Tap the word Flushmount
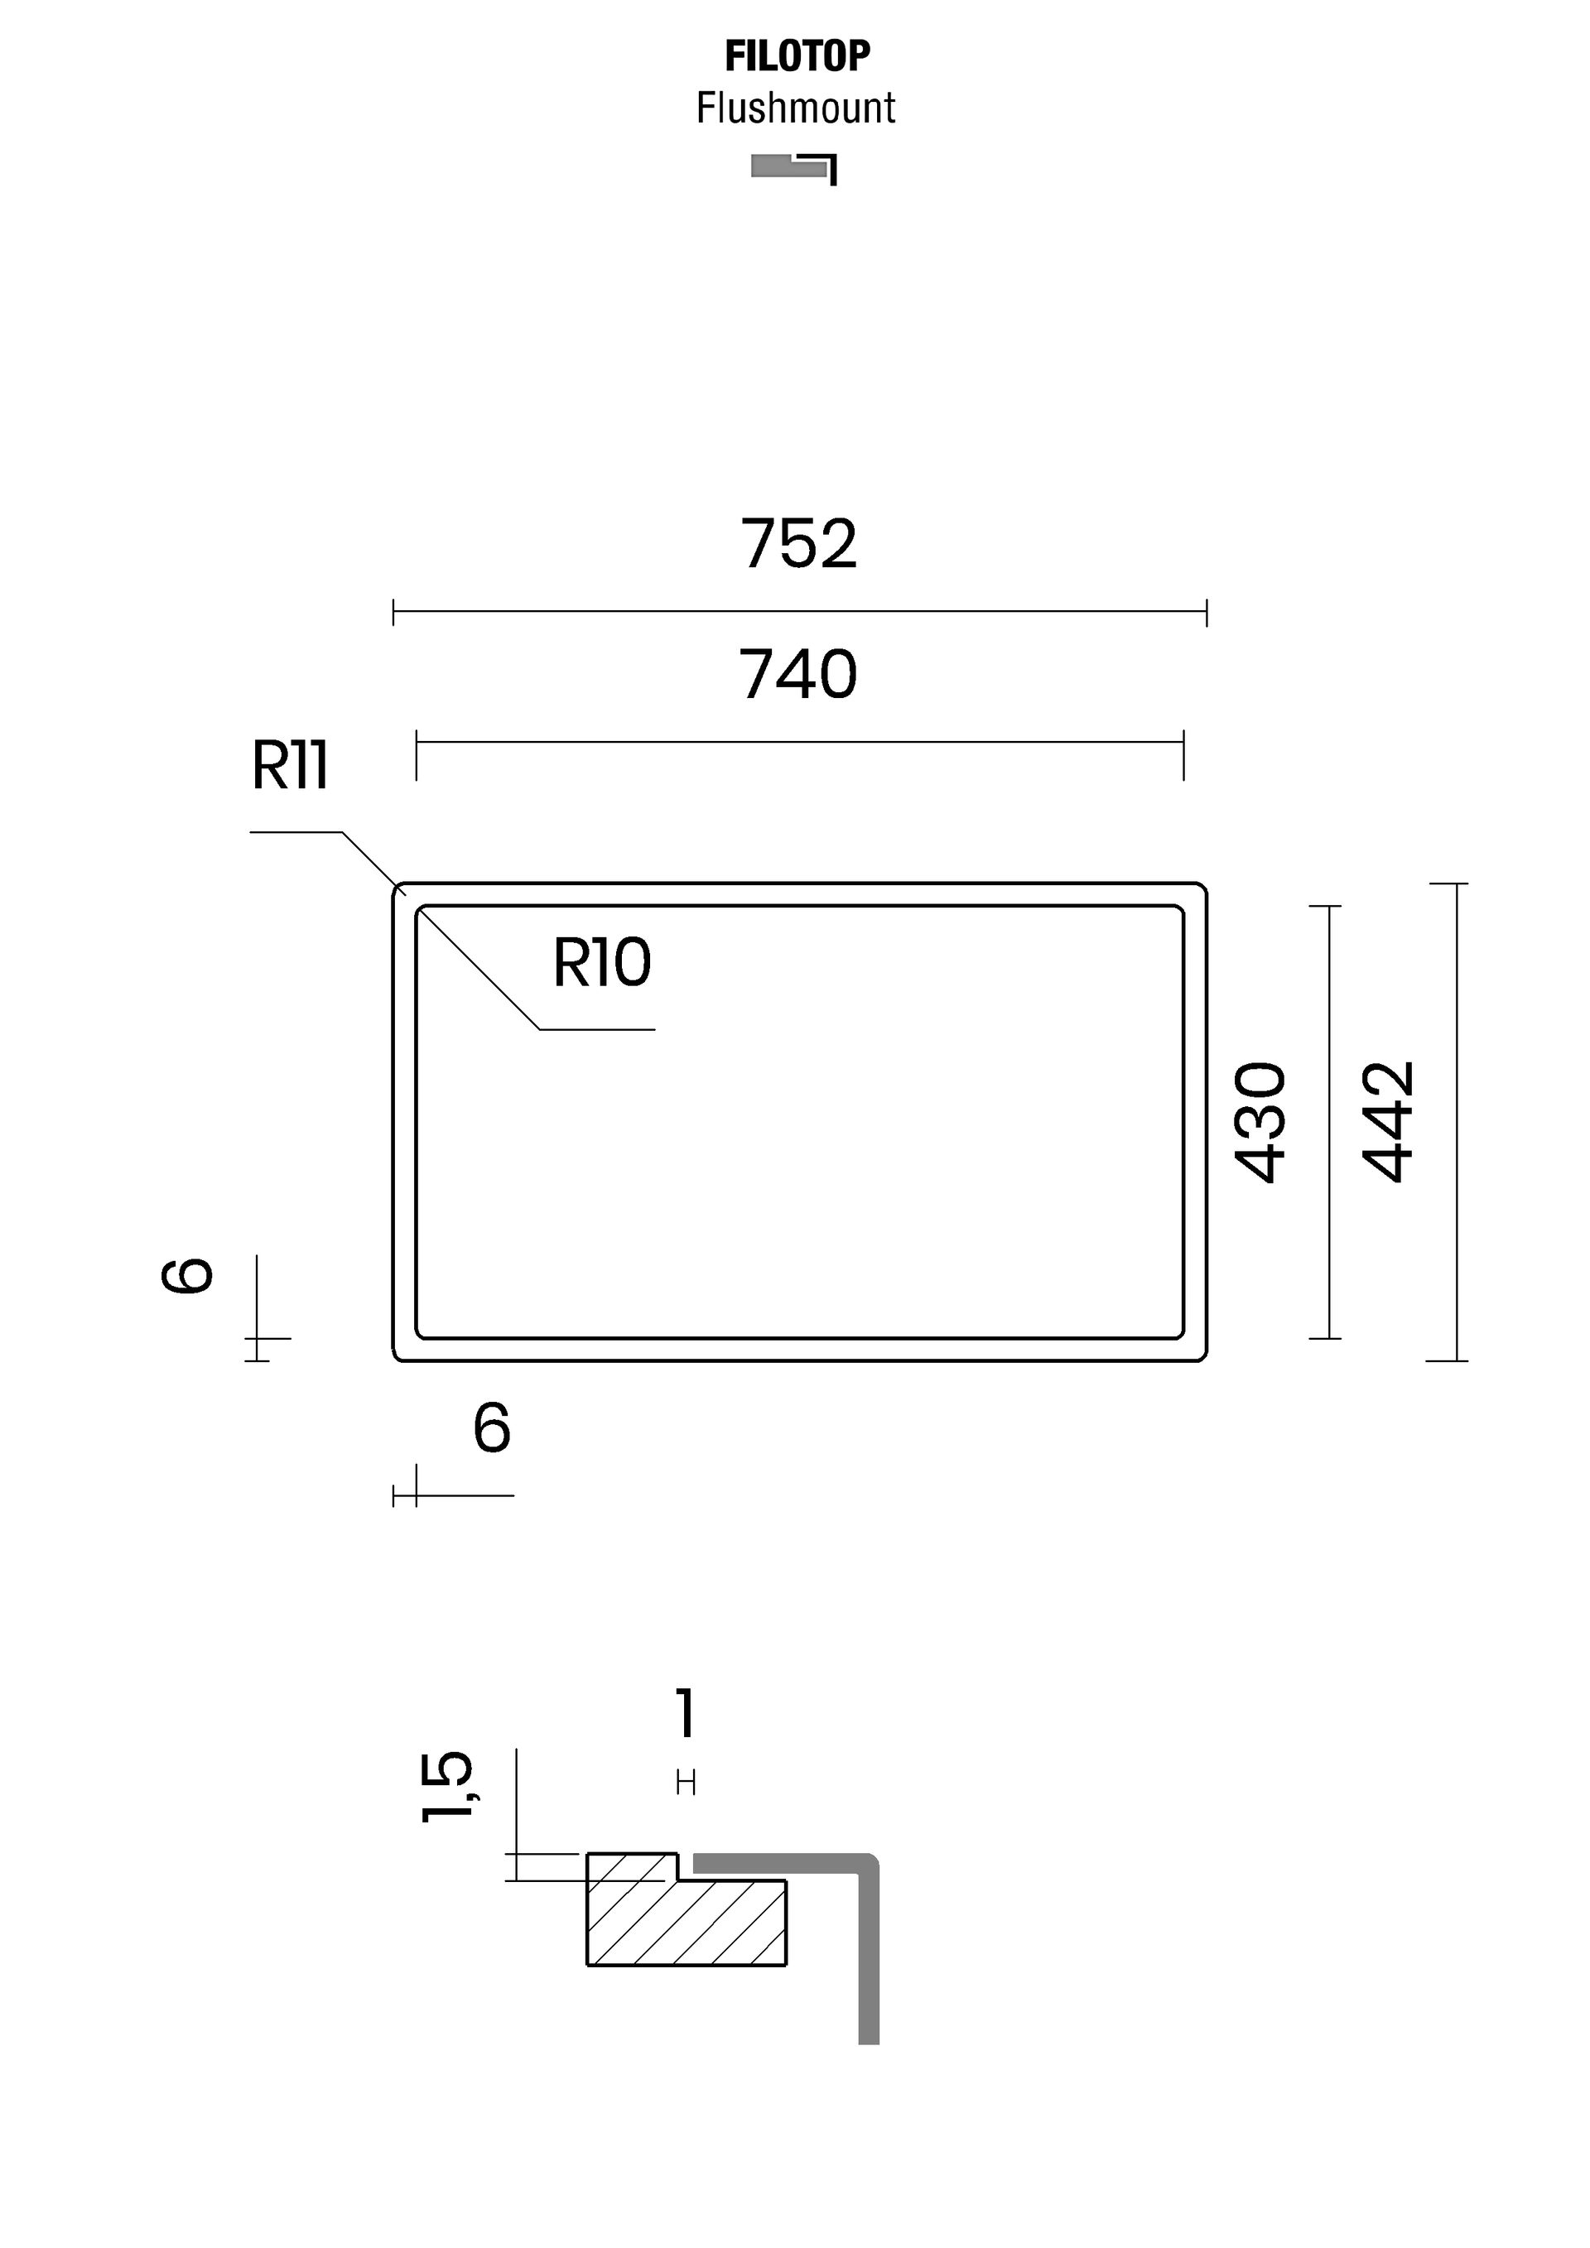795,108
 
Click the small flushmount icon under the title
794,168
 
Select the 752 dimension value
798,543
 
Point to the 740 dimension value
798,675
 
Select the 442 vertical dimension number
1388,1122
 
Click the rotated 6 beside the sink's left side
187,1276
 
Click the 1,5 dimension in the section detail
446,1787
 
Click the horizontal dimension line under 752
800,612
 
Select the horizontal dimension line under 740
800,742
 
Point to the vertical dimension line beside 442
1457,1122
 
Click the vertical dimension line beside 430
1328,1122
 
